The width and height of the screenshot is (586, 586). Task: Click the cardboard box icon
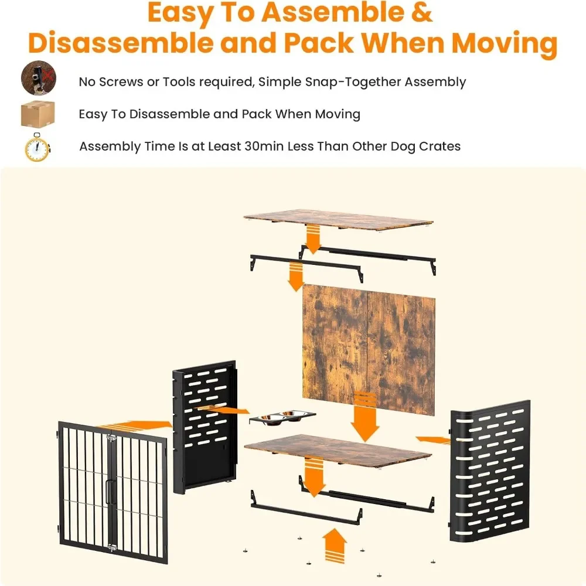pyautogui.click(x=38, y=114)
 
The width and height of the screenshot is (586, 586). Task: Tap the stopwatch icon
pyautogui.click(x=38, y=147)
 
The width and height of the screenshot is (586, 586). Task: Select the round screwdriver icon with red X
pyautogui.click(x=39, y=78)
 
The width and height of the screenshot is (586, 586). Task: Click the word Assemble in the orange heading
pyautogui.click(x=332, y=12)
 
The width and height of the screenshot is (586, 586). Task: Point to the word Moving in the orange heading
pyautogui.click(x=505, y=43)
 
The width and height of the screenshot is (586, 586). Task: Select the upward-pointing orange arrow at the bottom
pyautogui.click(x=335, y=545)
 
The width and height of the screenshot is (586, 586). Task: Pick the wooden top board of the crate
pyautogui.click(x=338, y=220)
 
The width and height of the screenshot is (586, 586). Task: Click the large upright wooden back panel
pyautogui.click(x=369, y=349)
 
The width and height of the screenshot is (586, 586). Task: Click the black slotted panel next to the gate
pyautogui.click(x=205, y=427)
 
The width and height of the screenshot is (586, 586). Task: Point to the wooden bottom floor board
pyautogui.click(x=338, y=450)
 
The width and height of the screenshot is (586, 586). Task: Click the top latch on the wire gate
pyautogui.click(x=111, y=438)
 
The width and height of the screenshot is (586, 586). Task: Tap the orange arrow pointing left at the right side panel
pyautogui.click(x=433, y=440)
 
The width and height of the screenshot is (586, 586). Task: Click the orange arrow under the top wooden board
pyautogui.click(x=313, y=240)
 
